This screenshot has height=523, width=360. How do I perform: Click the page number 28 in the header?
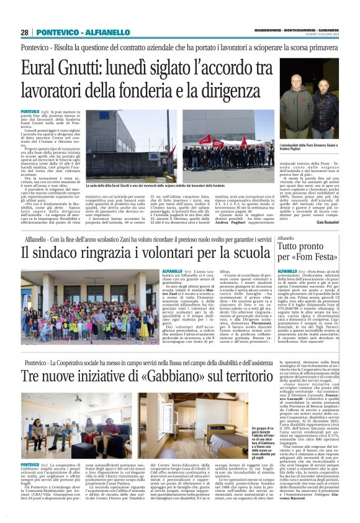click(24, 32)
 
